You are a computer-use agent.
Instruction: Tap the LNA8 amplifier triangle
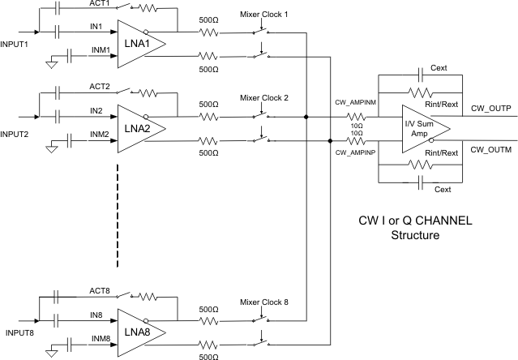click(141, 333)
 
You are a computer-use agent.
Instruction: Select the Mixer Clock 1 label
click(265, 15)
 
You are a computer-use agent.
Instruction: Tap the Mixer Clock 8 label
click(265, 302)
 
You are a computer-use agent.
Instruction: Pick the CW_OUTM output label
click(490, 150)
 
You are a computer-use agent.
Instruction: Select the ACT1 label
click(98, 4)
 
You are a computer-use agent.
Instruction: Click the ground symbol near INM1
click(50, 63)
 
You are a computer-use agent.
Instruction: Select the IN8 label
click(96, 313)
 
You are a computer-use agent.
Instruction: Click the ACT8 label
click(98, 291)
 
